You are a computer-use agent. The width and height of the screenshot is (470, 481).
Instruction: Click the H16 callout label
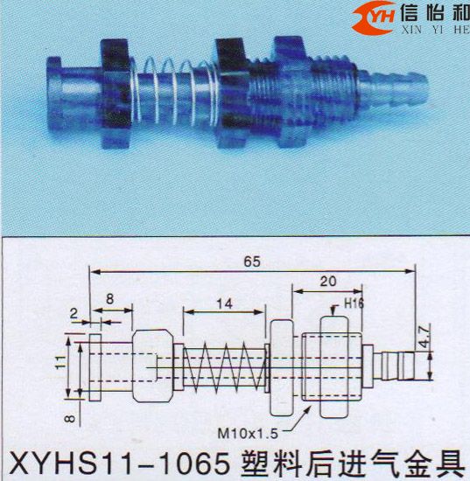point(354,303)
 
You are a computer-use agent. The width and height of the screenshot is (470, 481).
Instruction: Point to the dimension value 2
point(75,311)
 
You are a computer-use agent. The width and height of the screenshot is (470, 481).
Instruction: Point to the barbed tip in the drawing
point(403,359)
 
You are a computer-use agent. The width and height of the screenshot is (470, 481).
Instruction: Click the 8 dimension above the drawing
point(111,298)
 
